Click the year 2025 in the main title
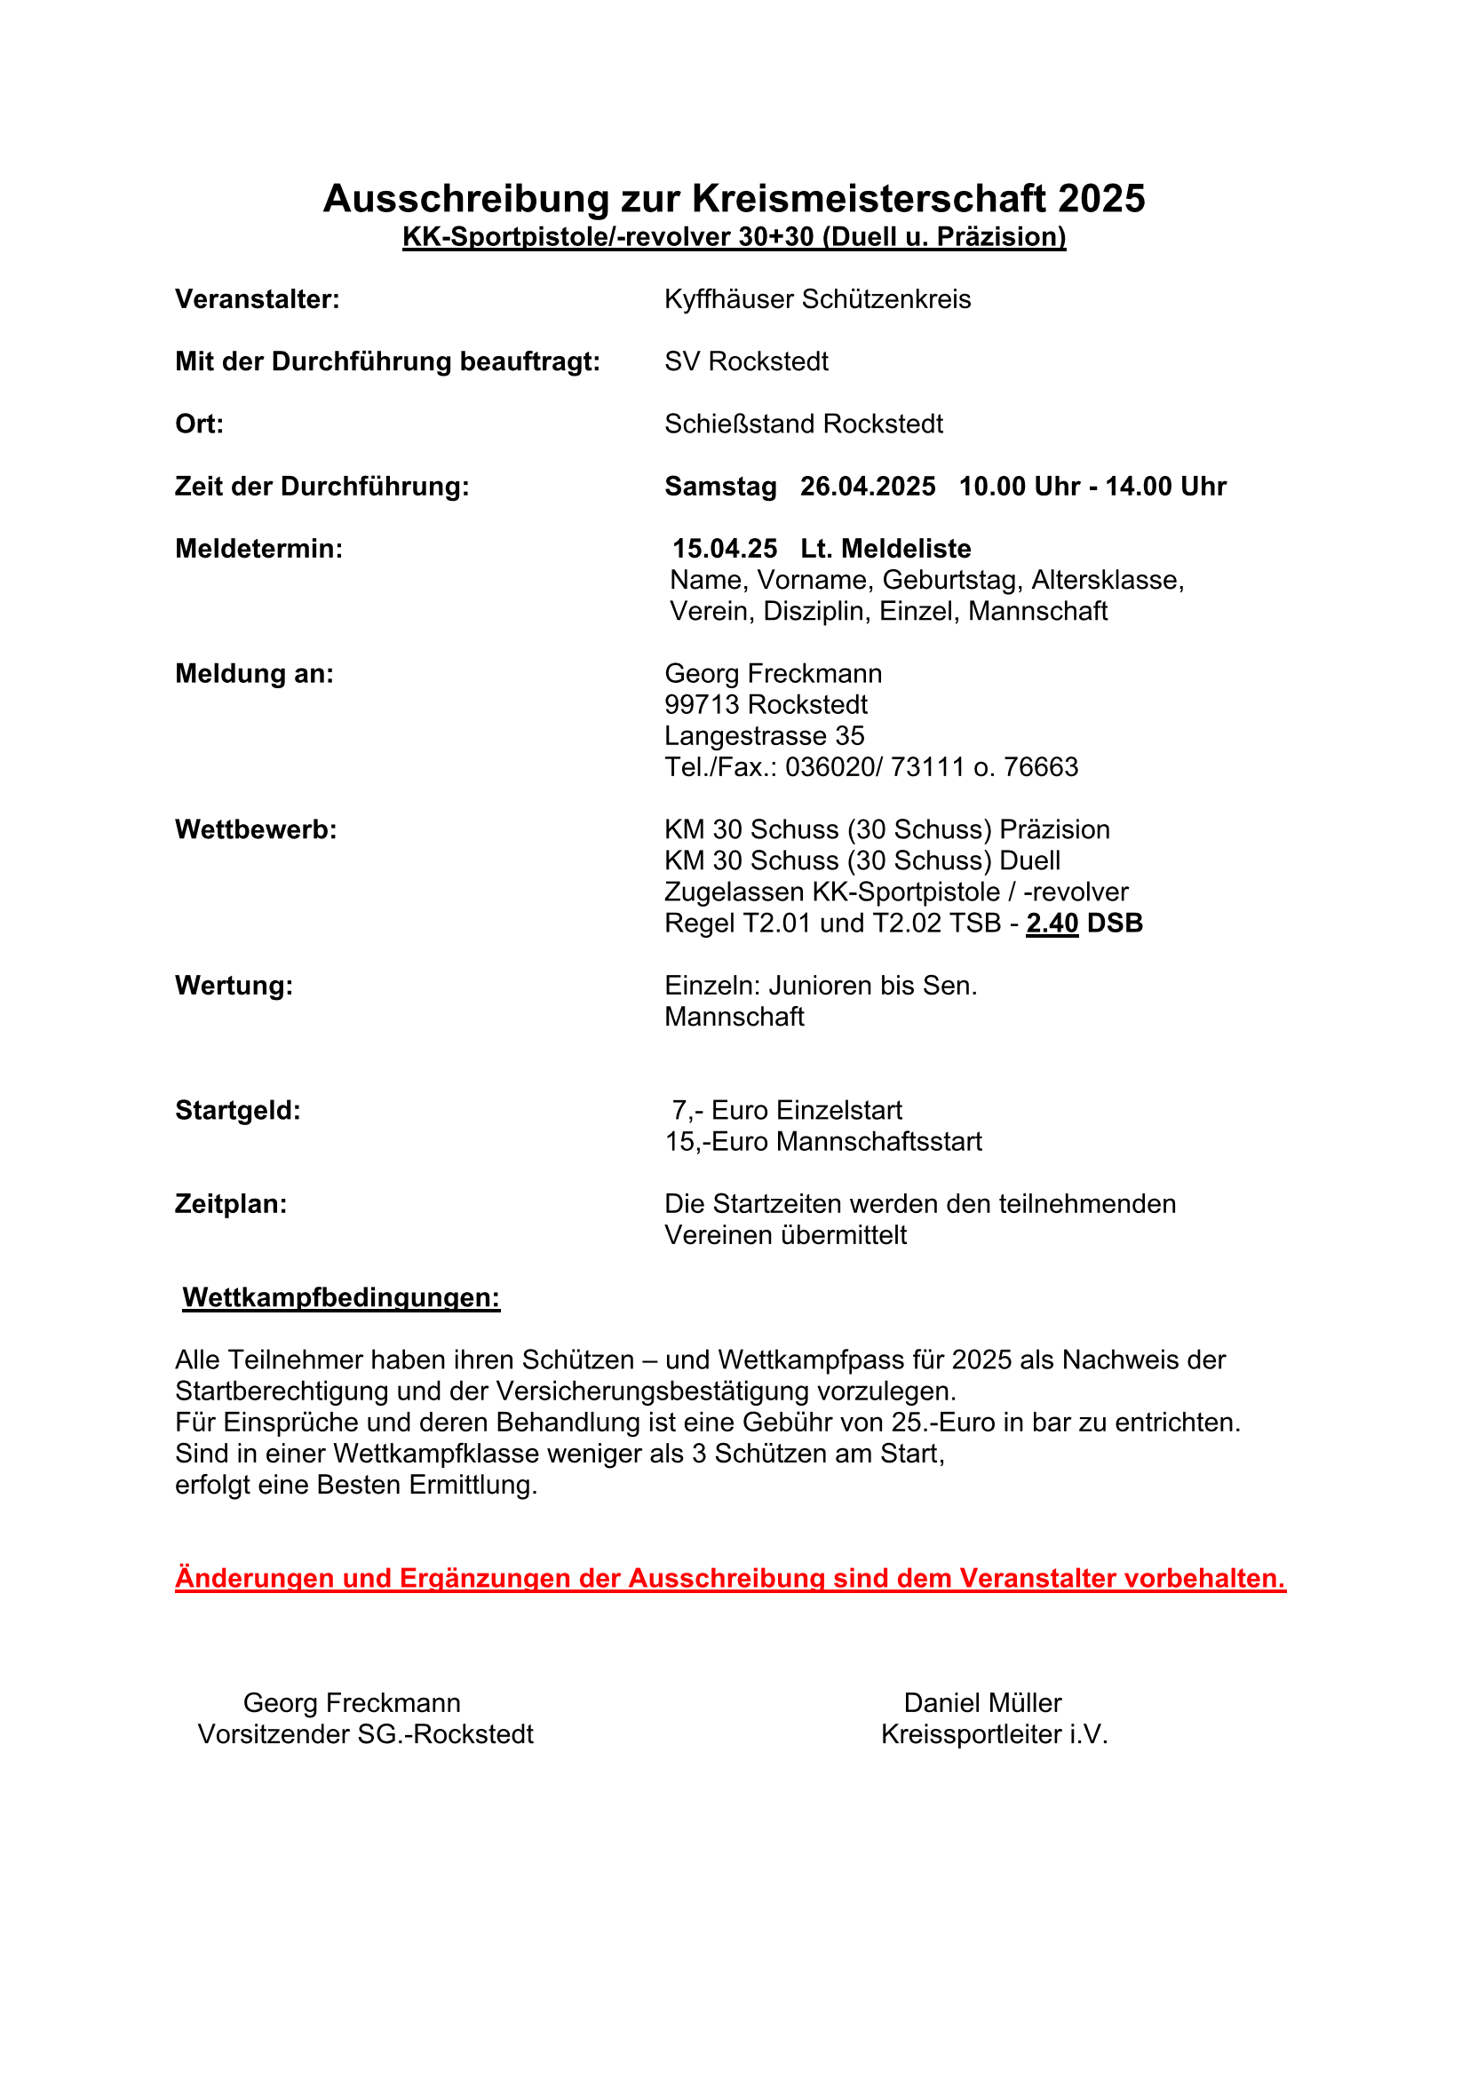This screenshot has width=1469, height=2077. tap(1100, 199)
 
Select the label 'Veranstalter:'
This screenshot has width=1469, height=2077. tap(257, 299)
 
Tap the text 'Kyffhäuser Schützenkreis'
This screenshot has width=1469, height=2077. tap(817, 299)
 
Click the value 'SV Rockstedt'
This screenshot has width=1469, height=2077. tap(746, 361)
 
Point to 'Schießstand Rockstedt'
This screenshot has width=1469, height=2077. tap(803, 424)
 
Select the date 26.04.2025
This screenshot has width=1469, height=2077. tap(868, 487)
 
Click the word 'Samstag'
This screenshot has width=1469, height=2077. tap(720, 487)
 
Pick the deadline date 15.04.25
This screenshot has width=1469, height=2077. tap(725, 549)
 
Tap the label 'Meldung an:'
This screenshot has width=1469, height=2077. tap(254, 674)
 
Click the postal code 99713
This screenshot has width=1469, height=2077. tap(703, 705)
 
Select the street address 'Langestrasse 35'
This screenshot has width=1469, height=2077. tap(765, 736)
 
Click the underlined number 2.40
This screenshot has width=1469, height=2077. tap(1052, 924)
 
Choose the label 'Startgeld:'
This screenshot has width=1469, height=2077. tap(238, 1111)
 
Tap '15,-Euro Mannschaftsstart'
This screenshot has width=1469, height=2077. tap(823, 1142)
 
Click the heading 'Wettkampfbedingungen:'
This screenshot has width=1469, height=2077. tap(341, 1298)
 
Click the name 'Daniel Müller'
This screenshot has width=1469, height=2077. tap(982, 1703)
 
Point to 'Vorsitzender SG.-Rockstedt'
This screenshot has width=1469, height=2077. tap(365, 1735)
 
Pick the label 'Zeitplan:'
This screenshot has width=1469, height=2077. tap(231, 1204)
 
